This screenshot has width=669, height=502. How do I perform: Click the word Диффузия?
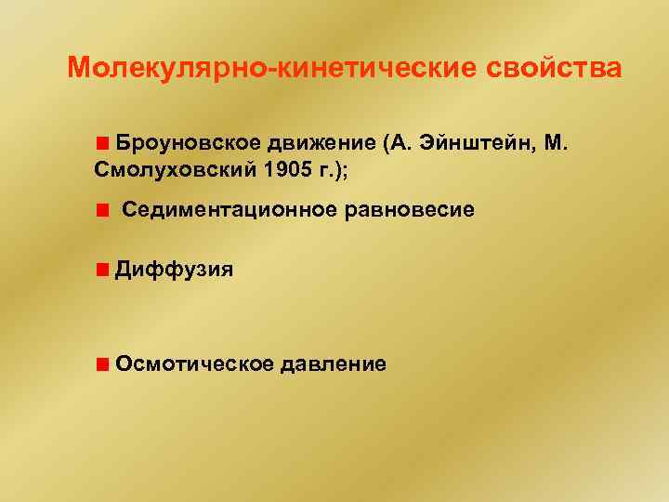174,271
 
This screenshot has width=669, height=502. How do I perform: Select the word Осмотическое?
195,363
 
